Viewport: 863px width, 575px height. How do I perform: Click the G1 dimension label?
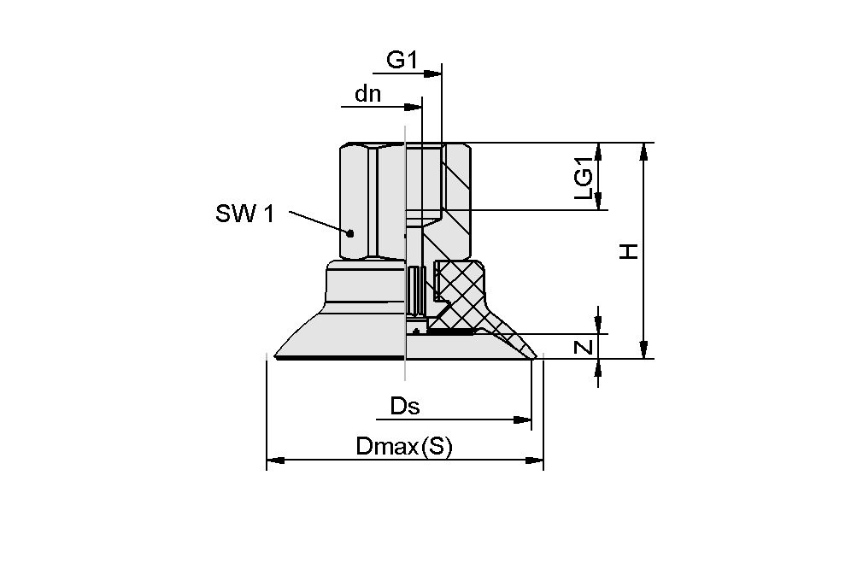pyautogui.click(x=402, y=60)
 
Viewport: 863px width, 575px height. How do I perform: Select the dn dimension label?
pyautogui.click(x=368, y=93)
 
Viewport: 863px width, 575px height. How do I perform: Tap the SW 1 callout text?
pyautogui.click(x=244, y=213)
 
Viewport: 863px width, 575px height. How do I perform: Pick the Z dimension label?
pyautogui.click(x=584, y=347)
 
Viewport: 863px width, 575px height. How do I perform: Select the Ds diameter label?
pyautogui.click(x=405, y=406)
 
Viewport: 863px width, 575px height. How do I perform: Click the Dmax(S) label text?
pyautogui.click(x=403, y=447)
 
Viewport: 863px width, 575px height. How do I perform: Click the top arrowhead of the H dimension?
pyautogui.click(x=644, y=150)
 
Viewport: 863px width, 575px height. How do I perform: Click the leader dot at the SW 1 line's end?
pyautogui.click(x=349, y=232)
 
